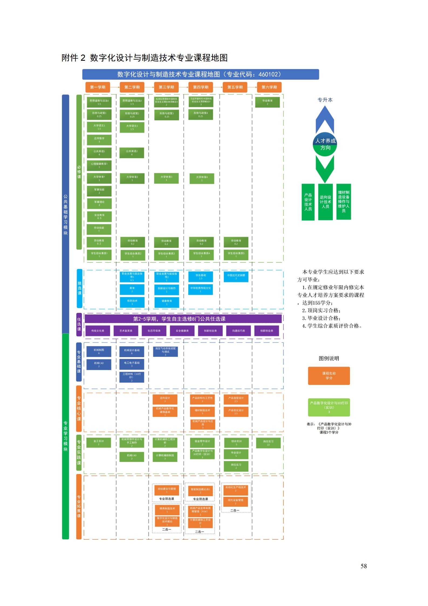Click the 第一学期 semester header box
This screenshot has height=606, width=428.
point(98,87)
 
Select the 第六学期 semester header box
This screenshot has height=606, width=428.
point(269,87)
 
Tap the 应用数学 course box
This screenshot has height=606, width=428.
point(99,140)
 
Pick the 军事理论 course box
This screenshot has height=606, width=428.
point(99,203)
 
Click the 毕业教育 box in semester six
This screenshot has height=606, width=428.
point(267,102)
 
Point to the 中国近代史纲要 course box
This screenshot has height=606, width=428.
point(236,277)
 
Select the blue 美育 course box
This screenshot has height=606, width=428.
point(132,290)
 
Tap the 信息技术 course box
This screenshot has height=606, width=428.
point(132,302)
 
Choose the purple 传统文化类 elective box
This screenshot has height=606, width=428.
point(98,331)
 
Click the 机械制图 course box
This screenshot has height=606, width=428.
point(99,351)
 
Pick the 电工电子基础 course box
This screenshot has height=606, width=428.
point(132,364)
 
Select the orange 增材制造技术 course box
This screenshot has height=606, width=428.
point(202,412)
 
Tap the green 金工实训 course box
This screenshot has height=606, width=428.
point(98,442)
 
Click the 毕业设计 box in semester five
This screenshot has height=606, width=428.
point(236,454)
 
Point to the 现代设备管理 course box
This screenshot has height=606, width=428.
point(235,502)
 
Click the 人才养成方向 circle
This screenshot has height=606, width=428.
point(325,144)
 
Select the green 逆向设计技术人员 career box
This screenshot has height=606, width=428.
point(325,202)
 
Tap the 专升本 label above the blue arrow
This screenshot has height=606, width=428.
point(325,100)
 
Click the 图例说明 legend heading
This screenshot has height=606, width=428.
point(329,358)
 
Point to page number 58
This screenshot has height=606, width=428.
point(364,566)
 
